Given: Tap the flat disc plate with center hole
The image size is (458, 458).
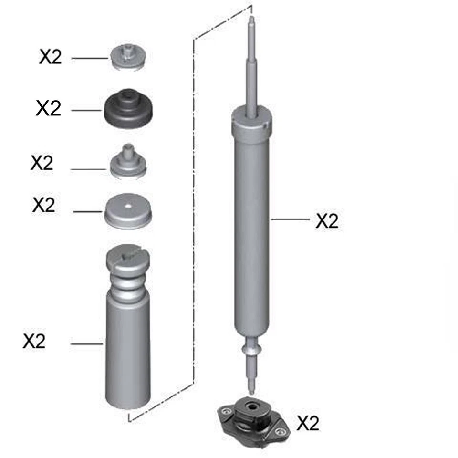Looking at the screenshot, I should click(x=128, y=211).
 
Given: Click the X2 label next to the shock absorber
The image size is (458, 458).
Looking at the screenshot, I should click(x=327, y=221).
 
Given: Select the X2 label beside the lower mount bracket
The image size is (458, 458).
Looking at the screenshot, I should click(x=308, y=423).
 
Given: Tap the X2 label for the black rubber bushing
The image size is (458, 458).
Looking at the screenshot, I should click(x=49, y=108).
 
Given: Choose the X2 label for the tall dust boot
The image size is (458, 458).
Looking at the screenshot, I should click(x=34, y=341).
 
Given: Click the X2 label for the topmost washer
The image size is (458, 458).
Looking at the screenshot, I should click(x=51, y=57).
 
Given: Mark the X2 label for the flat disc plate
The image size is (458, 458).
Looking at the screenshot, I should click(x=44, y=205).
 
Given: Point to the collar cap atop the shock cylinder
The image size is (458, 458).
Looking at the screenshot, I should click(x=252, y=122).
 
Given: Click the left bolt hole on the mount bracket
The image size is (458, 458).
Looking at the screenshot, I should click(x=223, y=411).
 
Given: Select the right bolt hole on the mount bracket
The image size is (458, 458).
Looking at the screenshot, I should click(x=281, y=432).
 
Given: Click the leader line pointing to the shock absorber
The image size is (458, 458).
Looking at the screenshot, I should click(x=290, y=219).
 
